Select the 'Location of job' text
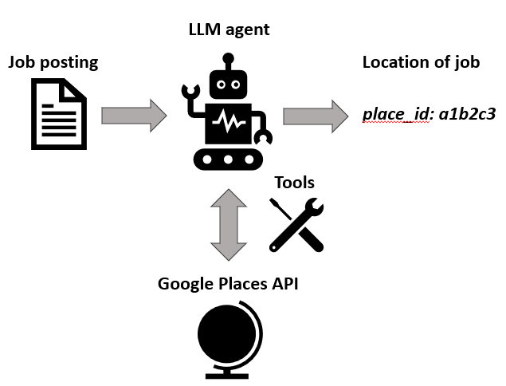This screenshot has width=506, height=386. coord(421,62)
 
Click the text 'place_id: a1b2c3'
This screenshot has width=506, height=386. coord(429,114)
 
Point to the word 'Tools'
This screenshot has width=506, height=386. coord(294,183)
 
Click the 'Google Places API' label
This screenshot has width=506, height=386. coord(228,283)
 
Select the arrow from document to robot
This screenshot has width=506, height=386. coord(133,115)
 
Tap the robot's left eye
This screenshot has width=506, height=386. coord(219,81)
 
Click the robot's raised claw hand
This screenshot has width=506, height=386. coord(190,96)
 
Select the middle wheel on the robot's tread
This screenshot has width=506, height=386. coord(229,160)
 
